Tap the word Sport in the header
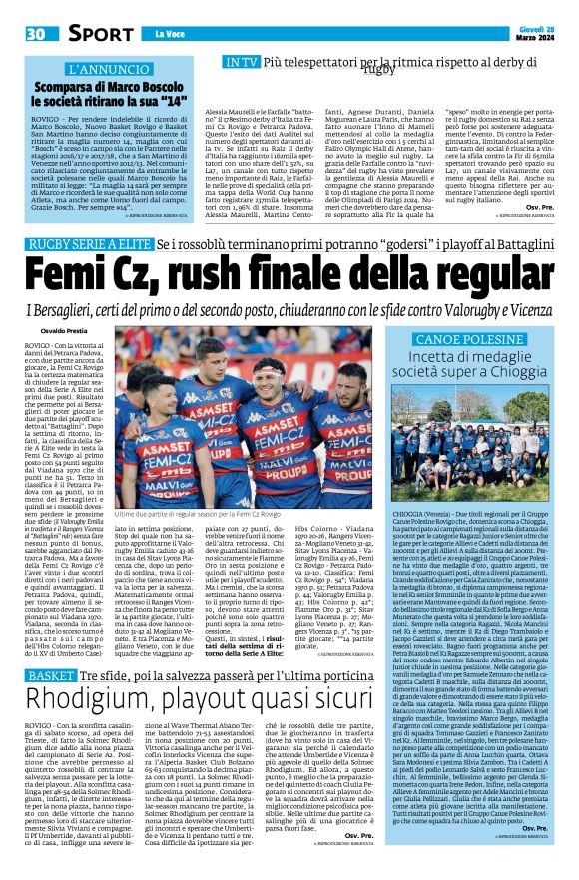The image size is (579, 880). (x=100, y=34)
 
